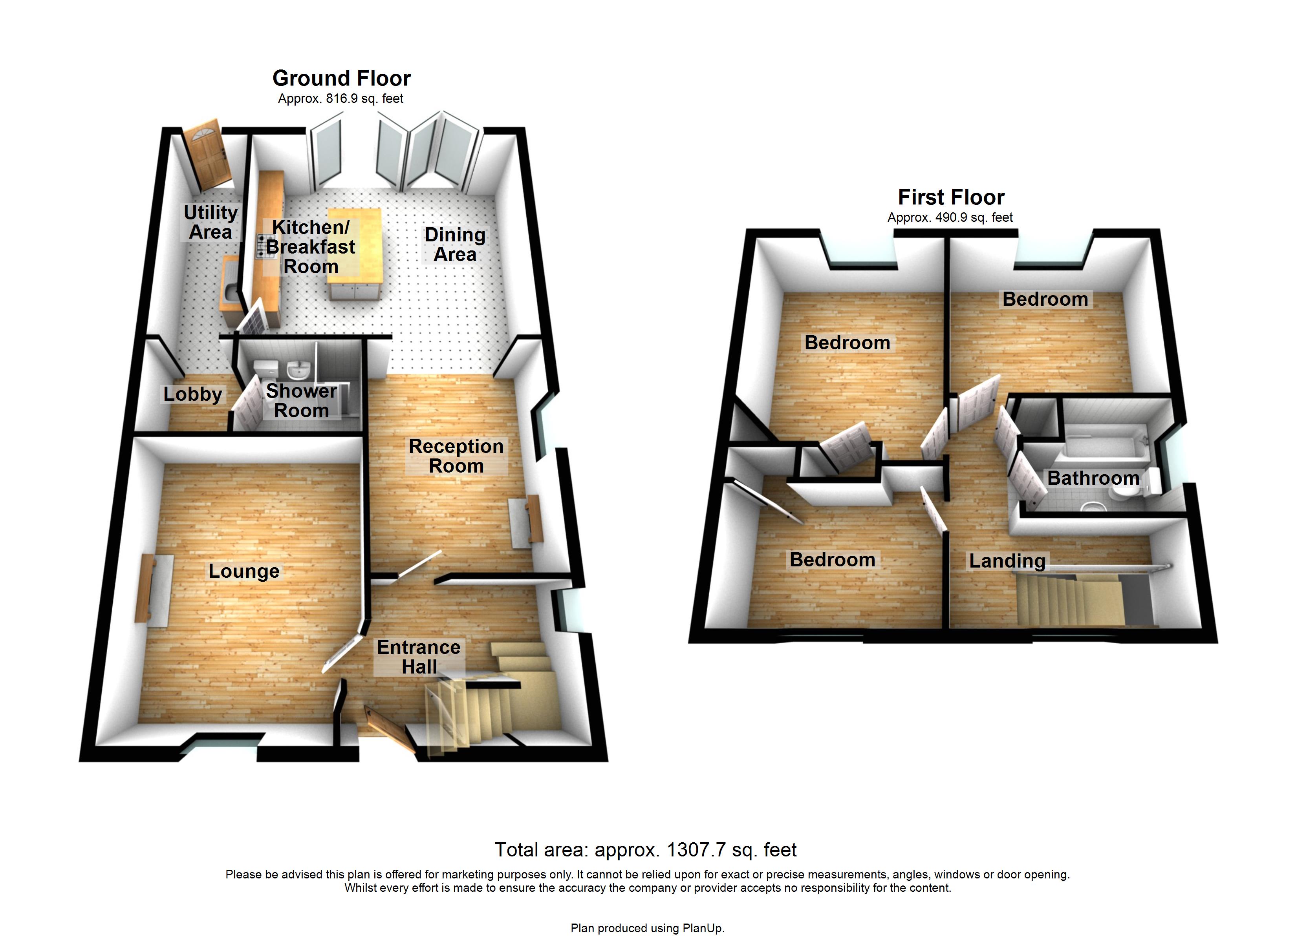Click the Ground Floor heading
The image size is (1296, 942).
(341, 78)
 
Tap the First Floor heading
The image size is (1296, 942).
(951, 197)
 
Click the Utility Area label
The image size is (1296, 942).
(210, 222)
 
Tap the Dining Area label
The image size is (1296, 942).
(455, 245)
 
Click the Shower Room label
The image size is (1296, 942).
(301, 400)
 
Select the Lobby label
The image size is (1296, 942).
(192, 394)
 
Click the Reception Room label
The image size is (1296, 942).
(456, 456)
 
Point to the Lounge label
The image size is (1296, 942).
(244, 571)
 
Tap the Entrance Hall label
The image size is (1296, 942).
(419, 657)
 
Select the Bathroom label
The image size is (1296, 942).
(1093, 478)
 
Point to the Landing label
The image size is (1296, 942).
(1007, 561)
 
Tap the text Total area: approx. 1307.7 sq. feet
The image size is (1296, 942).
(645, 850)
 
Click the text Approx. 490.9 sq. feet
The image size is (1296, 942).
(950, 218)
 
